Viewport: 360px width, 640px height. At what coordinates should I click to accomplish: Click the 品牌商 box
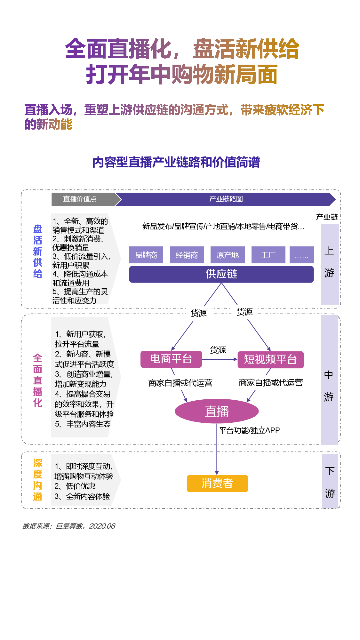pos(146,255)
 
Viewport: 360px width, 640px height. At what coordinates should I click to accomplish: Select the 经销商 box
pos(187,255)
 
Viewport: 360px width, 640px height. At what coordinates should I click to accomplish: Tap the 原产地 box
pos(228,255)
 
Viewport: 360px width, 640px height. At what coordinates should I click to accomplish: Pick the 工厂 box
pos(268,255)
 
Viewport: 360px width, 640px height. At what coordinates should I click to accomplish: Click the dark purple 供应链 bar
pos(221,274)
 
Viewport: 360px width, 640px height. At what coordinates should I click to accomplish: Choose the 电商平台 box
pos(171,359)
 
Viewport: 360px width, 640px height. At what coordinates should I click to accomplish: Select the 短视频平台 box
pos(270,359)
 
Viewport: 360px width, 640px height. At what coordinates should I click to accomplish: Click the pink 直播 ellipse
pos(217,411)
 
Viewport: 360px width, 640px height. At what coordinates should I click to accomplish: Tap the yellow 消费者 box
pos(218,483)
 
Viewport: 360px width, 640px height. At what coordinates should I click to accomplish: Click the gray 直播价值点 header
pos(80,199)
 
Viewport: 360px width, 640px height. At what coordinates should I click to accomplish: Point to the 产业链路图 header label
pos(226,199)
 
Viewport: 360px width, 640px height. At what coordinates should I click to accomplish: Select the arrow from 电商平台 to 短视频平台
pos(220,359)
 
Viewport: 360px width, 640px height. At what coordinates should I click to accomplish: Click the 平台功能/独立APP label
pos(250,430)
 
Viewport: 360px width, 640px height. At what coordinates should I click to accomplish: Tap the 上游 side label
pos(329,262)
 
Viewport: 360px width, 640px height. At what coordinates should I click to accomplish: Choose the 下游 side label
pos(330,482)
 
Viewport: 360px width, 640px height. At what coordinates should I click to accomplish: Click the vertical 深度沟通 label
pos(38,480)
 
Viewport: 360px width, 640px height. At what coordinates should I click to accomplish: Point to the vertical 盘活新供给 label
pos(38,252)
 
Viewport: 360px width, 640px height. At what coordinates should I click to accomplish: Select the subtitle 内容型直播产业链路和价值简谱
pos(176,162)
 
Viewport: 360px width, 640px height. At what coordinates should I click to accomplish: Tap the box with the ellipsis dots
pos(302,255)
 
